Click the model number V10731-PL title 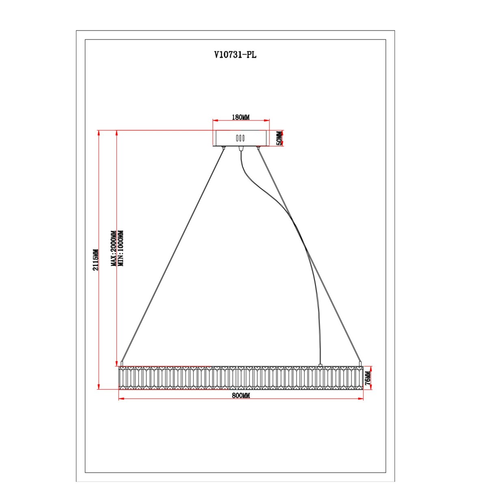click(x=235, y=55)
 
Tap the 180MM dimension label click(x=241, y=117)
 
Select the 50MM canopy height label click(x=279, y=138)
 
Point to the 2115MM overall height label click(x=95, y=260)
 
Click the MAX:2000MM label click(x=114, y=248)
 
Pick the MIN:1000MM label click(x=121, y=248)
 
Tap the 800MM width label click(x=241, y=396)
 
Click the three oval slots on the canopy click(x=240, y=138)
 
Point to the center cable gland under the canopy click(x=241, y=148)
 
